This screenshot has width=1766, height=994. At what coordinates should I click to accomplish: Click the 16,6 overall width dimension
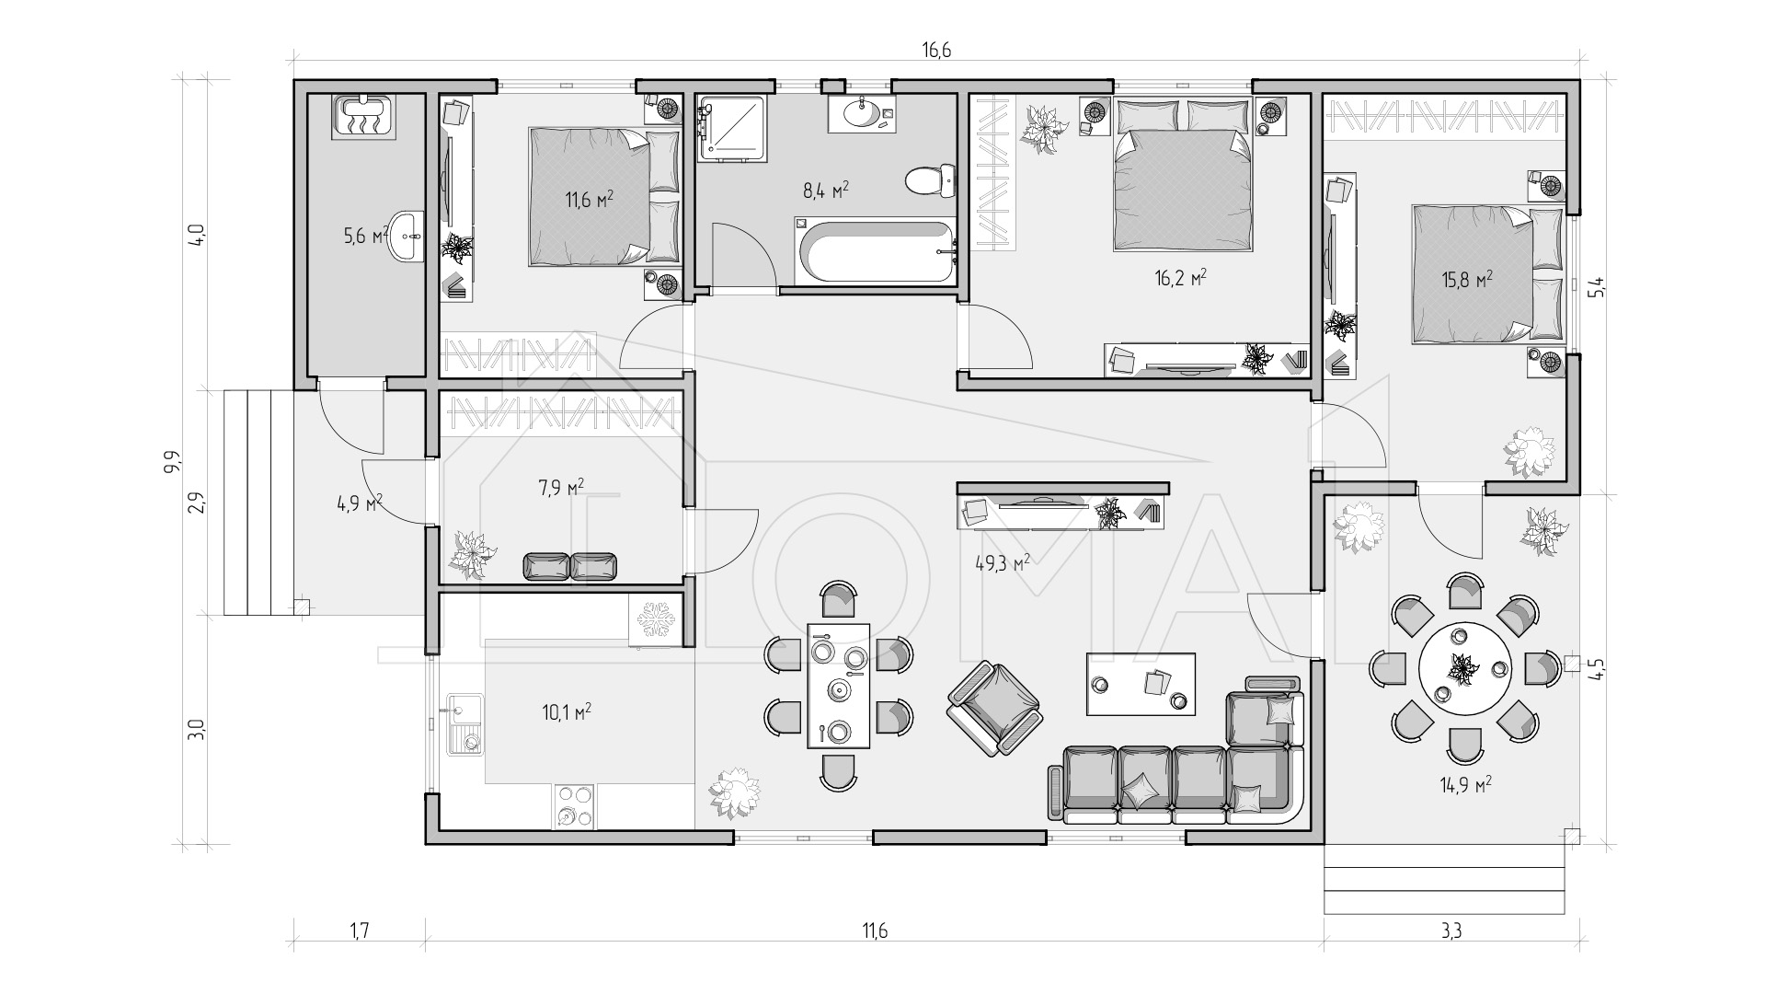936,51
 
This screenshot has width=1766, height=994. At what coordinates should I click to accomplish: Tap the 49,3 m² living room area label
1002,562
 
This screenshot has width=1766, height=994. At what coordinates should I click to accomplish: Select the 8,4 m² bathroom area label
826,191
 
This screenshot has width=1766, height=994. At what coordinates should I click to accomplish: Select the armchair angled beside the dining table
995,709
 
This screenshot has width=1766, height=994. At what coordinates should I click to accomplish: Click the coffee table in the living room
1141,684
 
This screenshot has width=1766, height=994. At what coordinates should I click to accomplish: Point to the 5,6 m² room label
363,237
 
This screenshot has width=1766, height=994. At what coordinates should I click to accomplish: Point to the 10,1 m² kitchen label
567,711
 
